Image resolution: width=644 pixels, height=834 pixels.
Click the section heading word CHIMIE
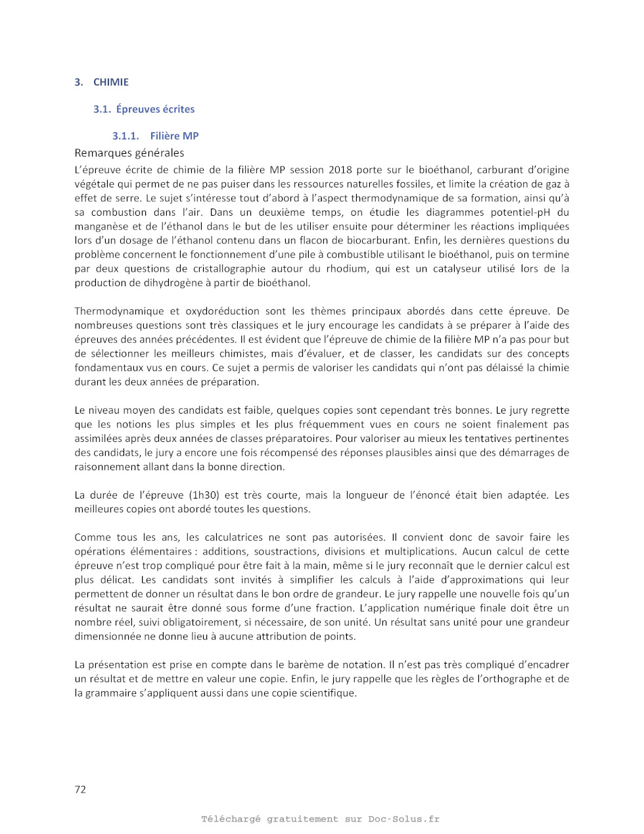pyautogui.click(x=110, y=82)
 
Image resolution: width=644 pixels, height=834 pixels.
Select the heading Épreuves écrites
pyautogui.click(x=155, y=109)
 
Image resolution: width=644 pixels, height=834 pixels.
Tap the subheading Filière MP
pyautogui.click(x=174, y=136)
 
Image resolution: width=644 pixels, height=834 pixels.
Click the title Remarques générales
pyautogui.click(x=129, y=153)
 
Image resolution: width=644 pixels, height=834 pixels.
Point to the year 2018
pyautogui.click(x=340, y=170)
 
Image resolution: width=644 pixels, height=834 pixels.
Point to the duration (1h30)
pyautogui.click(x=204, y=495)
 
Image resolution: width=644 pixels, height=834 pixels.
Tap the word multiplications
pyautogui.click(x=420, y=552)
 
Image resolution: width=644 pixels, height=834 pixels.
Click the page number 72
pyautogui.click(x=80, y=790)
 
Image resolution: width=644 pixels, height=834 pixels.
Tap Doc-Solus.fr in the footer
pyautogui.click(x=403, y=820)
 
